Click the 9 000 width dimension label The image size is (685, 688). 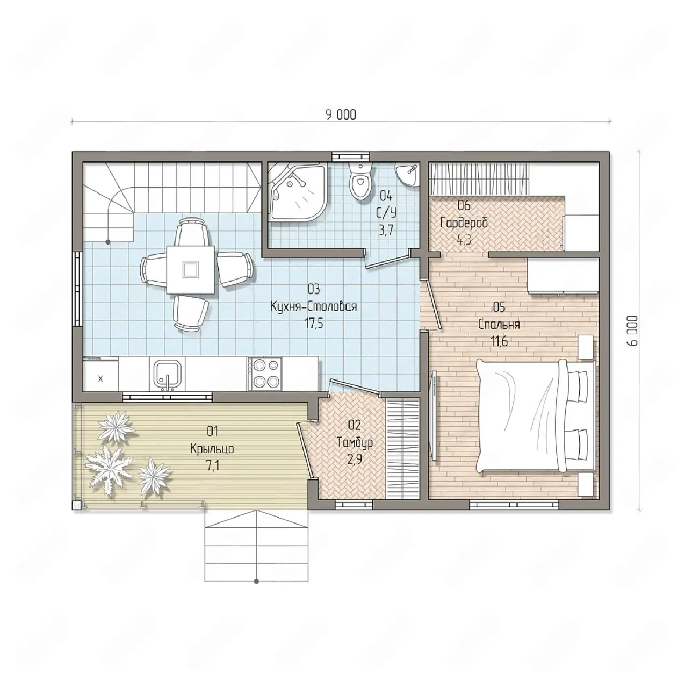(341, 114)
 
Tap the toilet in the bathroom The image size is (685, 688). (360, 181)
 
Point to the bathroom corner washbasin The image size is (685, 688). (407, 175)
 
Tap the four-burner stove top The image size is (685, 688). (264, 374)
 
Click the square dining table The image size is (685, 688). (191, 270)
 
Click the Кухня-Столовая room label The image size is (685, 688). (314, 307)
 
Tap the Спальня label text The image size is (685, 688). (499, 325)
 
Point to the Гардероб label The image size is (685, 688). (464, 223)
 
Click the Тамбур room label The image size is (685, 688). (355, 442)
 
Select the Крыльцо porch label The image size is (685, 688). (212, 448)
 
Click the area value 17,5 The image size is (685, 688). (313, 323)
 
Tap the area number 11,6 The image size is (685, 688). (499, 341)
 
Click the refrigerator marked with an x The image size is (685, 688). (100, 376)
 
